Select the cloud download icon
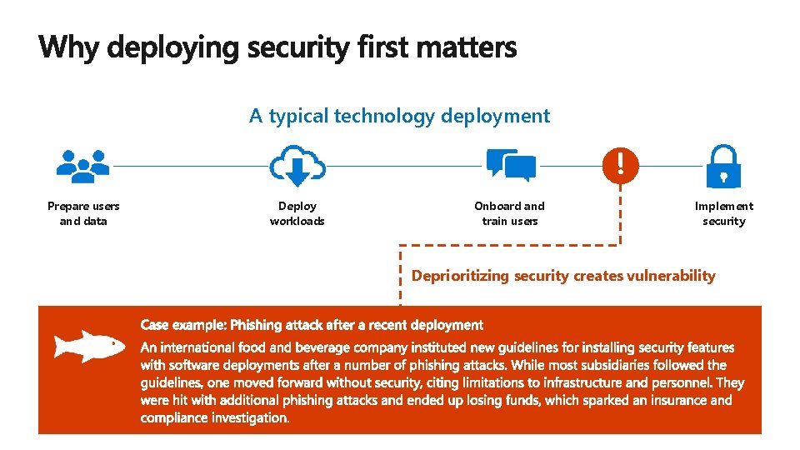coord(297,167)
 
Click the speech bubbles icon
coord(510,165)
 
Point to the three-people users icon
coord(83,165)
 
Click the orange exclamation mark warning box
coord(619,163)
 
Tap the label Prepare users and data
coord(83,213)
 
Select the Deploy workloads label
coord(297,213)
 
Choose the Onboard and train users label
coord(509,213)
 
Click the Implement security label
coord(723,213)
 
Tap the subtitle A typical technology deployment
coord(399,116)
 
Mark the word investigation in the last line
coord(247,417)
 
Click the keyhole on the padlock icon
coord(723,177)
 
